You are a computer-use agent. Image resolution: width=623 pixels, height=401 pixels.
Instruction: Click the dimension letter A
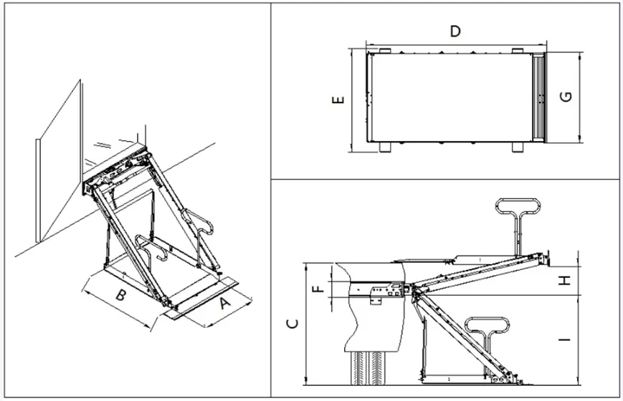pyautogui.click(x=224, y=304)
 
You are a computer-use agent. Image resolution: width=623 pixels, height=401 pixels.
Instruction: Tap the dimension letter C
pyautogui.click(x=292, y=324)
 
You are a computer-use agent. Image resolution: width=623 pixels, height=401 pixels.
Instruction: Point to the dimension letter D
pyautogui.click(x=454, y=31)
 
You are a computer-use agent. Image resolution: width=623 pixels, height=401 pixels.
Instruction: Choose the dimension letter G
pyautogui.click(x=566, y=96)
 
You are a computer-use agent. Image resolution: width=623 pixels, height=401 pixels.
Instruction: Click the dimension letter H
pyautogui.click(x=566, y=280)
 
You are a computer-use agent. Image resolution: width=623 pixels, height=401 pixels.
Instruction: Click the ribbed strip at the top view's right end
pyautogui.click(x=538, y=97)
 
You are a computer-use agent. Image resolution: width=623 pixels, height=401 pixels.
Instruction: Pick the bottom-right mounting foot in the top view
pyautogui.click(x=518, y=148)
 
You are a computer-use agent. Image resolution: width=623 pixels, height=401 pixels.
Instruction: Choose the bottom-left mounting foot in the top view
pyautogui.click(x=384, y=148)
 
